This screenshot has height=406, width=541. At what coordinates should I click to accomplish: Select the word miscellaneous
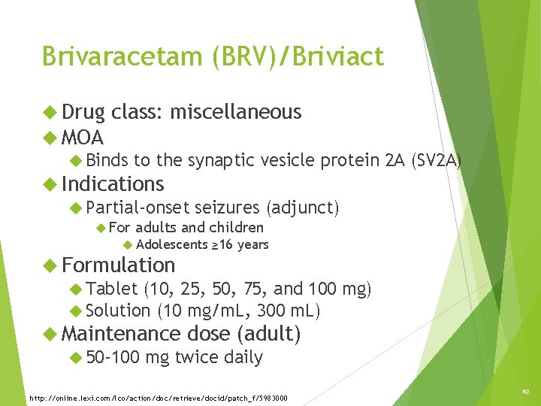pyautogui.click(x=236, y=112)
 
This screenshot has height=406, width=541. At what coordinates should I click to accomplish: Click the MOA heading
pyautogui.click(x=83, y=138)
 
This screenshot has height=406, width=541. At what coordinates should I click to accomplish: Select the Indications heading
pyautogui.click(x=113, y=183)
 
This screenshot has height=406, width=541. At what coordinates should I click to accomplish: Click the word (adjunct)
pyautogui.click(x=302, y=207)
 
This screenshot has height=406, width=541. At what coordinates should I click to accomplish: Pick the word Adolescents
pyautogui.click(x=172, y=244)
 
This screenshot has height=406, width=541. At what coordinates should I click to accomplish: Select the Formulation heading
pyautogui.click(x=119, y=265)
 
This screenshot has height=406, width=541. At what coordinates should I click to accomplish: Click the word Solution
pyautogui.click(x=118, y=310)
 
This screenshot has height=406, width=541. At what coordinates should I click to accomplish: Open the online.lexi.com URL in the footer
pyautogui.click(x=158, y=397)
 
